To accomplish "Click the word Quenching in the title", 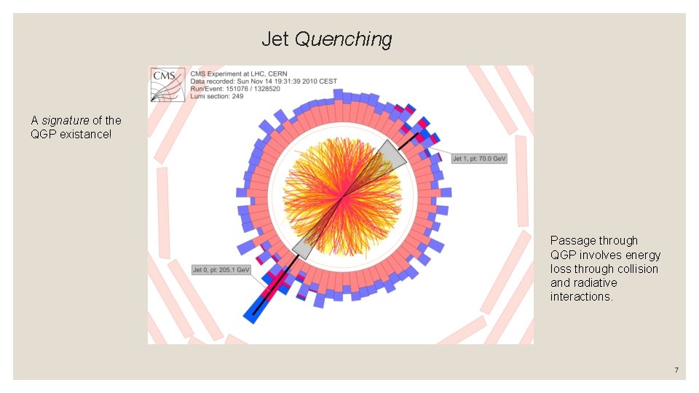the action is coord(344,39).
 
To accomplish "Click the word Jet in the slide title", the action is coord(275,39).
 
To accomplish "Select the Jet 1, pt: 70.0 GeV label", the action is coord(478,159).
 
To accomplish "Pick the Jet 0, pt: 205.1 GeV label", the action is coord(221,269).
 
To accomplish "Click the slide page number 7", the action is coord(676,370).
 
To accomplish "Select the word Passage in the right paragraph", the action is coord(573,240).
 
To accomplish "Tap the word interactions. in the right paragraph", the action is coord(582,296).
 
